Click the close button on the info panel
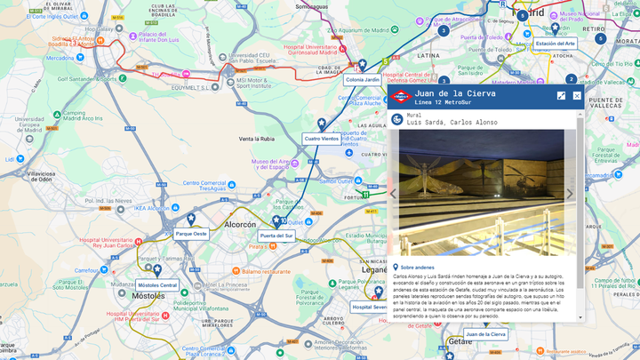pos(577,95)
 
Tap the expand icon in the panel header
pos(562,95)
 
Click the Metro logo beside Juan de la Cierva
pos(401,96)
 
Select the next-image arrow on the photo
pos(570,194)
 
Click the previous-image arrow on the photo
pos(393,194)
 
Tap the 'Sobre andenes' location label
pos(417,267)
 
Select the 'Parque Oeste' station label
pos(191,234)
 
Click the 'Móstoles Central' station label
pos(157,285)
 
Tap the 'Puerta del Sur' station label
pos(276,236)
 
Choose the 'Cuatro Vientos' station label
pos(321,139)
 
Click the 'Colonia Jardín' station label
pos(362,80)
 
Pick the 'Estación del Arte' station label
pos(556,43)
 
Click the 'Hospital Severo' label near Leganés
pos(369,307)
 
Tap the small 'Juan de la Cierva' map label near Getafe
pos(486,334)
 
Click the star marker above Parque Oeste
pos(190,219)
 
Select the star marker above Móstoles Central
pos(157,269)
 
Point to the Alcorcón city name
pos(240,226)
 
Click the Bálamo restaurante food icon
pos(236,271)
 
